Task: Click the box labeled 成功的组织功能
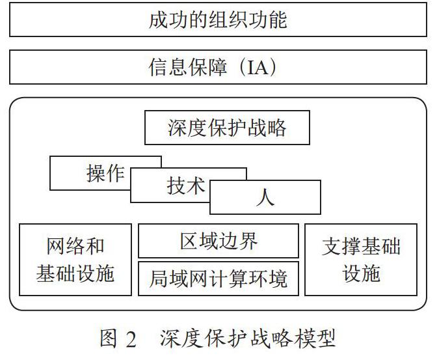pos(218,20)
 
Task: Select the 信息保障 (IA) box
pos(218,67)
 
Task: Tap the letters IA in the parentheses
pos(258,67)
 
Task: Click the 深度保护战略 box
pos(227,128)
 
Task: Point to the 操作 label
pos(105,173)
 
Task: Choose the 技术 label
pos(186,186)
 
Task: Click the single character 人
pos(265,197)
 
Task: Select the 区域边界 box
pos(218,241)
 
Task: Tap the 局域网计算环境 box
pos(218,279)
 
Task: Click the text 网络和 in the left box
pos(75,247)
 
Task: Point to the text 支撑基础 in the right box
pos(361,247)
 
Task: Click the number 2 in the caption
pos(131,339)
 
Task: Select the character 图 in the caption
pos(109,339)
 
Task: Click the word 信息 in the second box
pos(167,67)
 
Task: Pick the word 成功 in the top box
pos(168,20)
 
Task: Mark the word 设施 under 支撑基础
pos(361,273)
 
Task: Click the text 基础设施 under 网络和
pos(75,273)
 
